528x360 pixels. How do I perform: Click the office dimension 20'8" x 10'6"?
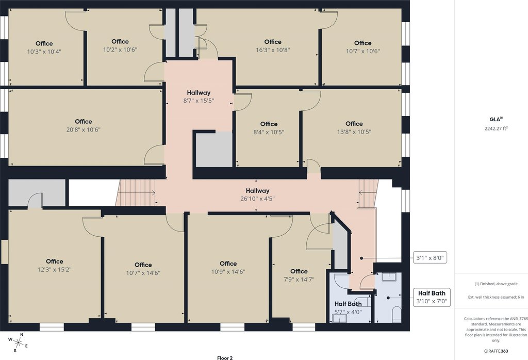pos(84,129)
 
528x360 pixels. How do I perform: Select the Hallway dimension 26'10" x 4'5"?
pos(258,199)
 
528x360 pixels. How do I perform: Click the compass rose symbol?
pos(18,343)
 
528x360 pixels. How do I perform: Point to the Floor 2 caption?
pos(225,358)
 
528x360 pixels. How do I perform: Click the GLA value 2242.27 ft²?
pos(496,128)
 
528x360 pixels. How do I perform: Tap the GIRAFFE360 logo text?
pos(496,351)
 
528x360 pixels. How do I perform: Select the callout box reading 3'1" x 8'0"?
pos(430,258)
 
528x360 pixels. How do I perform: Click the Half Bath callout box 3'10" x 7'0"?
pos(432,297)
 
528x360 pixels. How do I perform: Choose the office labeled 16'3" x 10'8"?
pos(273,46)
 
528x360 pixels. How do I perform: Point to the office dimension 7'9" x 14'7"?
pos(299,279)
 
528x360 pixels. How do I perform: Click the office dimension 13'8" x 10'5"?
pos(354,132)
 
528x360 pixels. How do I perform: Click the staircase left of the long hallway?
pos(136,192)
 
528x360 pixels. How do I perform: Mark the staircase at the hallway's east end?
pos(368,193)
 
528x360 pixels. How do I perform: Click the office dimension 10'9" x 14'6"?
pos(228,272)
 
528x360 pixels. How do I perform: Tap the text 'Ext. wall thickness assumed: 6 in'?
pos(496,297)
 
